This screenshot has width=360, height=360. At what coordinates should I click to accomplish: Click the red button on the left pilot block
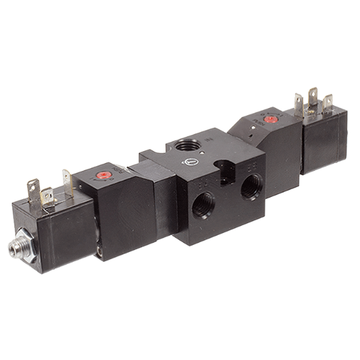coord(101,175)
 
